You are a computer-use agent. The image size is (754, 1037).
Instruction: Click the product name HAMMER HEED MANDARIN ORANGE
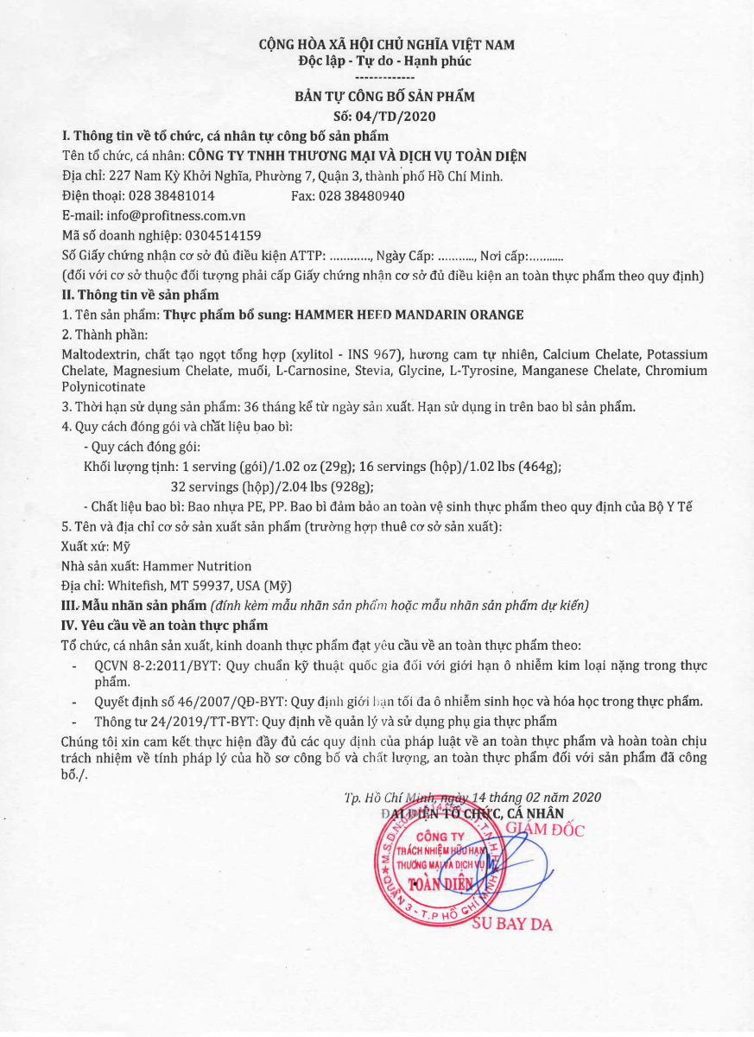409,315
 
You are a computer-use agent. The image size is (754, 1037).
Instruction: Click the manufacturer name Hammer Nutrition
197,566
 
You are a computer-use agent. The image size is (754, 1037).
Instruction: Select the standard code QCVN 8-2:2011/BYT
148,665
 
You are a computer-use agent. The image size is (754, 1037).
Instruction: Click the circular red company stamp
437,865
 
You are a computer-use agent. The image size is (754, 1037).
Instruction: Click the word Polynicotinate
104,386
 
